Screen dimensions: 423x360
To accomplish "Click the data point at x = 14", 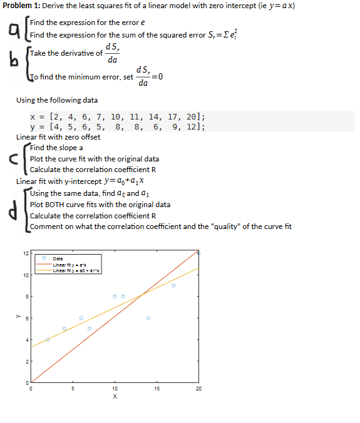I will tap(148, 318).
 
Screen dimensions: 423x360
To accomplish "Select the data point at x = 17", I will tap(173, 285).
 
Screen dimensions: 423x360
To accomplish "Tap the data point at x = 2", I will tap(47, 339).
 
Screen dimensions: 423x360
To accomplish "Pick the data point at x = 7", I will tap(90, 329).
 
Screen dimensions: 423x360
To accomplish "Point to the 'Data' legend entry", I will tap(57, 258).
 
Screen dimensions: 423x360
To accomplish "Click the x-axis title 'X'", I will tap(115, 396).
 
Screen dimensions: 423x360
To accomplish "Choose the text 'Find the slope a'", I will tap(56, 148).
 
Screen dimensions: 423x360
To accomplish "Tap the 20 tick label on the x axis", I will tap(198, 389).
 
